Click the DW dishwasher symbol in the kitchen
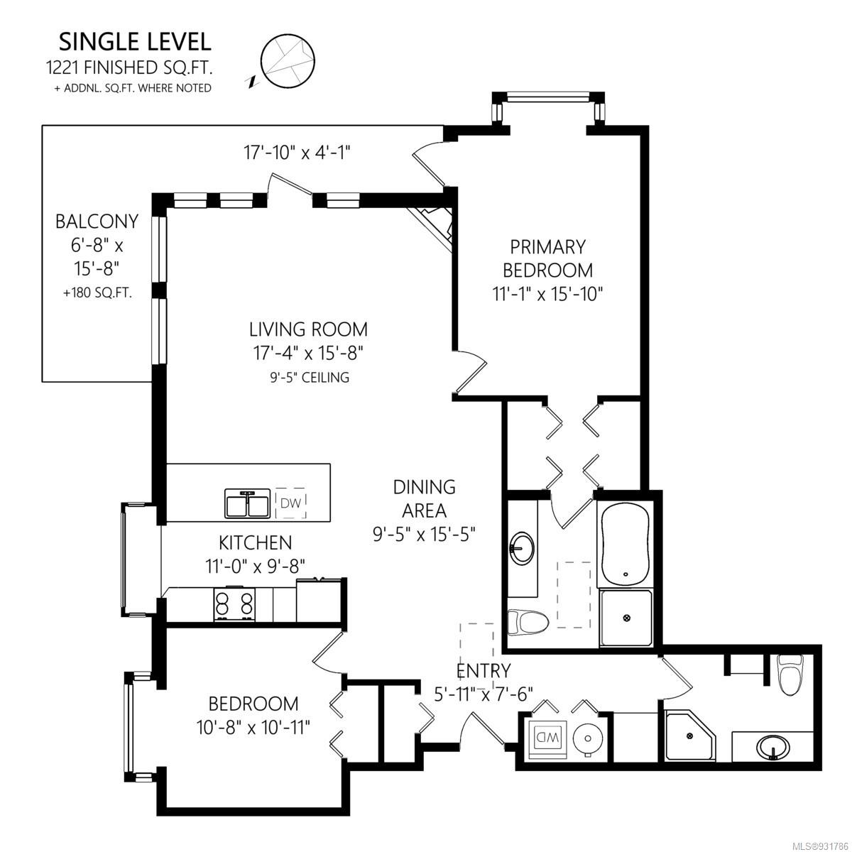[291, 503]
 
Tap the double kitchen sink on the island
[247, 503]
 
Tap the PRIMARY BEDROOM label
[548, 258]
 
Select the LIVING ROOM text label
[308, 329]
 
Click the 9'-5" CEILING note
[310, 377]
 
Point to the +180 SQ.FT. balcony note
[97, 293]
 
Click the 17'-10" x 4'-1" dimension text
[297, 153]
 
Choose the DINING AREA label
[424, 498]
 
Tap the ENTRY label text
[484, 671]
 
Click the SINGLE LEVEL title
[135, 42]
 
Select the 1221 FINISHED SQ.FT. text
[130, 67]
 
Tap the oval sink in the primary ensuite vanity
[522, 548]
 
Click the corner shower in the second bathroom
[690, 736]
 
